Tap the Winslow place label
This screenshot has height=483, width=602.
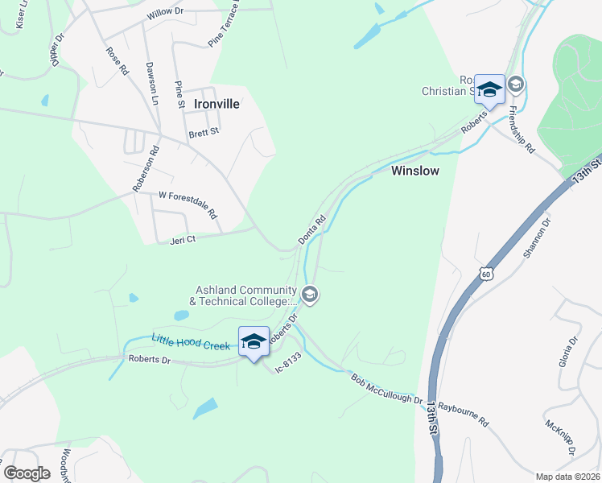[415, 171]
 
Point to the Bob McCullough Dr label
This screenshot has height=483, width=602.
[386, 389]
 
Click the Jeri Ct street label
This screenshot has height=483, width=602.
[183, 239]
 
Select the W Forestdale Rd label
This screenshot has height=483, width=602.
[188, 204]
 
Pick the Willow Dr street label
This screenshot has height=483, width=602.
[166, 14]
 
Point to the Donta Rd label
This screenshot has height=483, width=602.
[311, 229]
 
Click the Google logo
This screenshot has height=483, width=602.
[27, 473]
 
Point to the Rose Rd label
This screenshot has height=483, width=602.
[118, 60]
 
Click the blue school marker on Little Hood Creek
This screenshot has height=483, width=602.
[254, 341]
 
